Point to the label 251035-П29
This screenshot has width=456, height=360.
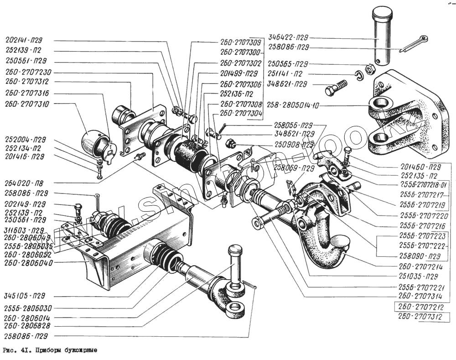point(417,276)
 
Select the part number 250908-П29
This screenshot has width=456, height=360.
point(294,144)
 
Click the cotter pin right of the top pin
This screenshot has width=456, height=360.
point(415,44)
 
